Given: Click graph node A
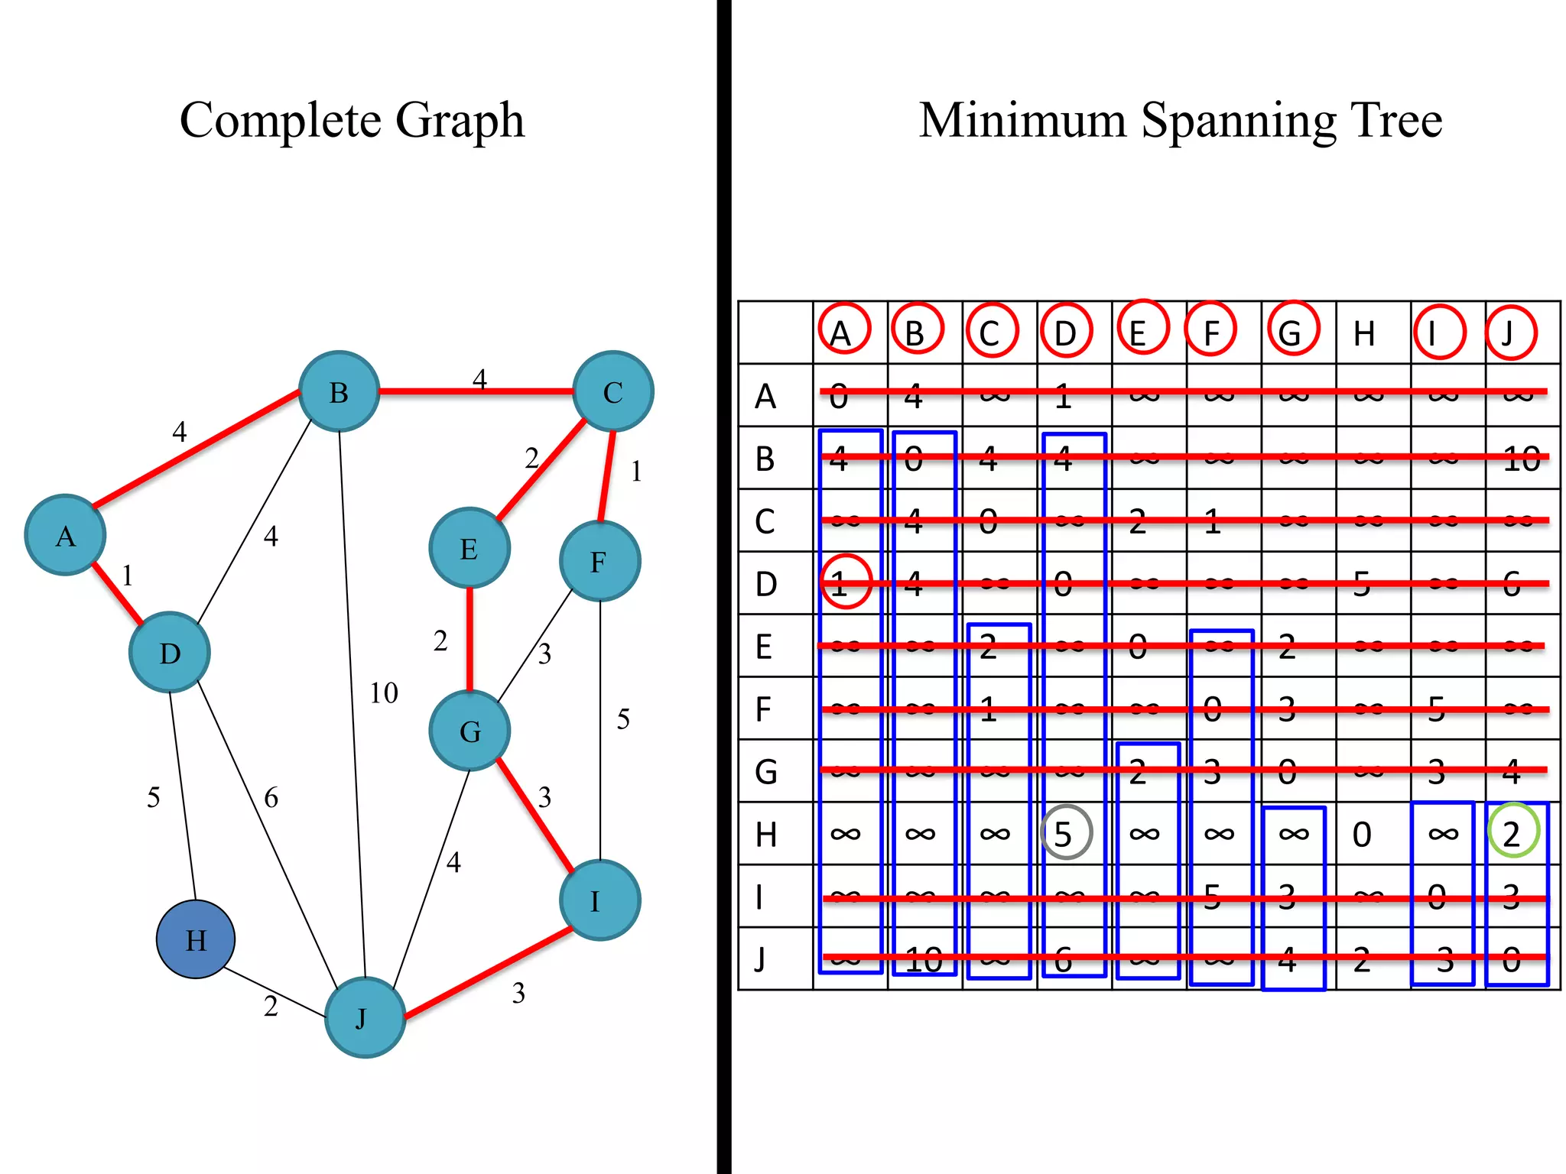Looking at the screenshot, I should tap(65, 535).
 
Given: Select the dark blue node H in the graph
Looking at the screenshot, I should tap(196, 939).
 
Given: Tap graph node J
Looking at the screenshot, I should tap(365, 1017).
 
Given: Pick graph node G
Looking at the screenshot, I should tap(469, 731).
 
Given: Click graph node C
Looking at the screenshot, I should tap(612, 391).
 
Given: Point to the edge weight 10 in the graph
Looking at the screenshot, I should tap(384, 693).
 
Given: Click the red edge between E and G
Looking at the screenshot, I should tap(469, 638).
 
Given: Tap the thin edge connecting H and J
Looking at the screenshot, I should tap(275, 993).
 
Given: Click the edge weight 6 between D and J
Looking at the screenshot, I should tap(271, 798).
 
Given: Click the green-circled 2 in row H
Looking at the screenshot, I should tap(1512, 833).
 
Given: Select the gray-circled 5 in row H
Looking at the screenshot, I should tap(1065, 833).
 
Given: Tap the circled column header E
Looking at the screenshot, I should tap(1140, 330).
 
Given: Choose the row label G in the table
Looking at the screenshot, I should tap(765, 772).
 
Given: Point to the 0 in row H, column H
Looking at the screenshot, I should tap(1362, 834).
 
